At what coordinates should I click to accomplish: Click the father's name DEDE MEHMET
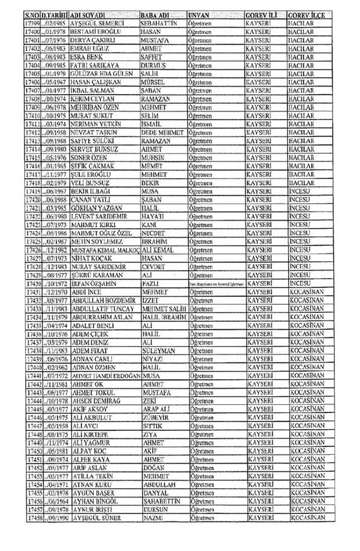coord(162,133)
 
